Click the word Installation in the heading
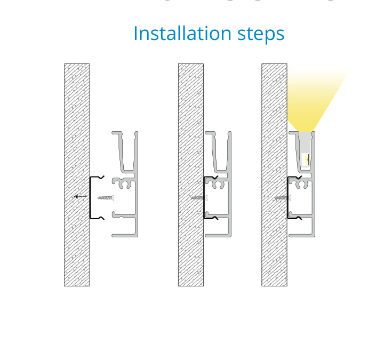[182, 33]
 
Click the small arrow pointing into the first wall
[81, 196]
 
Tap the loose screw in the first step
[106, 198]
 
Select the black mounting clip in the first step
[90, 197]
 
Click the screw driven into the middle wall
[199, 198]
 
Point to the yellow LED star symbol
[306, 159]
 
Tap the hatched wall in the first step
[77, 175]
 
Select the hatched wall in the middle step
[191, 175]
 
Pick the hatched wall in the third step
[274, 175]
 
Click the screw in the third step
[283, 198]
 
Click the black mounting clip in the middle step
[204, 197]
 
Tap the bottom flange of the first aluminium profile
[124, 236]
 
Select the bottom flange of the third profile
[302, 236]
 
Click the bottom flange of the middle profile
[218, 236]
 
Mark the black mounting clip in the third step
[288, 197]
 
